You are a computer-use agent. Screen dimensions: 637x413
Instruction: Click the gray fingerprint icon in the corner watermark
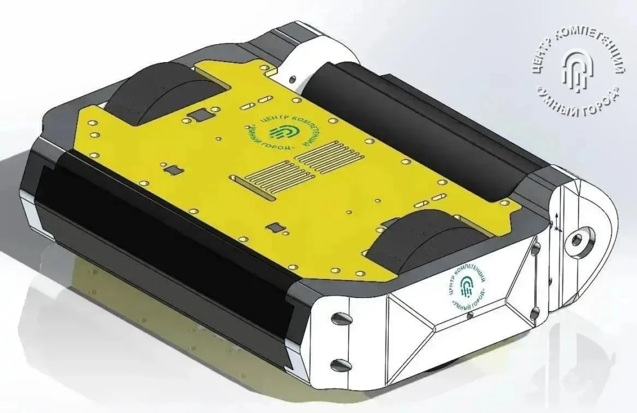coord(577,70)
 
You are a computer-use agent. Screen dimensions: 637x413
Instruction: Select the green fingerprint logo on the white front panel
coord(467,287)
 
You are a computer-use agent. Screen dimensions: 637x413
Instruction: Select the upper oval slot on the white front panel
coord(340,318)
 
